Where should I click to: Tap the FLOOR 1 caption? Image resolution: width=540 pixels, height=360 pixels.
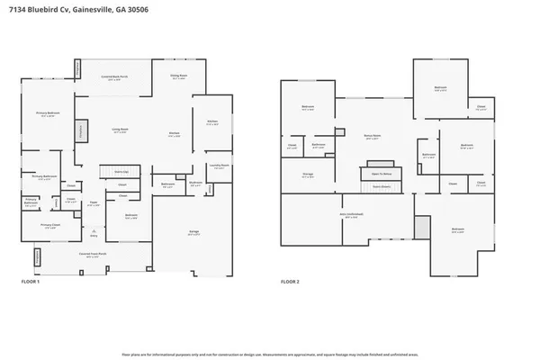click(31, 283)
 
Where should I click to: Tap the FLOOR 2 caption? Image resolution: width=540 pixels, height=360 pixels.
click(289, 283)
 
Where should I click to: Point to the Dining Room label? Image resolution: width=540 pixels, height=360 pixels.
click(179, 76)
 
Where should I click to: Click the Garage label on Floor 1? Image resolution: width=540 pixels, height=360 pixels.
click(193, 232)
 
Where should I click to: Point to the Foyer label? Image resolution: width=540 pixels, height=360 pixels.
click(93, 202)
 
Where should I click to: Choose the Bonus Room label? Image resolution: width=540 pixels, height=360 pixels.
click(372, 138)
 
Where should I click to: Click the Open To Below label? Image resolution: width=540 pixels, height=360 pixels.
click(381, 174)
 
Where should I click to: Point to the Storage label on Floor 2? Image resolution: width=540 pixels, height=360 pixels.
click(308, 175)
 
